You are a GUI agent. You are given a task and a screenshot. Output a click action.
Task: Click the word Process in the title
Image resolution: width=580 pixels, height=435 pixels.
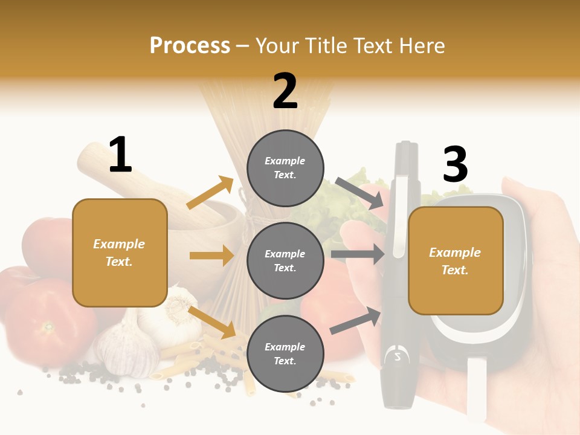[x=190, y=45]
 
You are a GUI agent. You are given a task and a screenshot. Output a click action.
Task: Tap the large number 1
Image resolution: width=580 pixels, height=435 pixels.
[x=120, y=155]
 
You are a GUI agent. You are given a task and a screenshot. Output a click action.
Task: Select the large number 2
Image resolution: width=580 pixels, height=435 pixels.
[x=285, y=91]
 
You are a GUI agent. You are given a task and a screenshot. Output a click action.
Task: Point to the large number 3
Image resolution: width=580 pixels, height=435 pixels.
[x=456, y=165]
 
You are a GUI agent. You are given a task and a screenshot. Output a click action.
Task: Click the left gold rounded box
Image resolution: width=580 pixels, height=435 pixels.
[x=120, y=253]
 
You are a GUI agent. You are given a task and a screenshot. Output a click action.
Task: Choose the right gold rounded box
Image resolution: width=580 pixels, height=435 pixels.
[x=456, y=260]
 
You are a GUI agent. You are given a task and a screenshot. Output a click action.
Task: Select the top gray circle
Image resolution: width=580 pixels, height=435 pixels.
[x=285, y=168]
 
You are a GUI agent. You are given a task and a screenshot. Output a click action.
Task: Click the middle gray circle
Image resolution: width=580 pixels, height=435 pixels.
[x=285, y=260]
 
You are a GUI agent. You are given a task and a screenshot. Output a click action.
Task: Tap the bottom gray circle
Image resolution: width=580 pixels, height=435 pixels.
[x=285, y=353]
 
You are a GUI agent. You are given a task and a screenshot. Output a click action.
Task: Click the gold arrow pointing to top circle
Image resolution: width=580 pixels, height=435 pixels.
[x=210, y=192]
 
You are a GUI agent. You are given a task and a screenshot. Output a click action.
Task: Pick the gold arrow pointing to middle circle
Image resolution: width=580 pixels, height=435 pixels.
[x=211, y=256]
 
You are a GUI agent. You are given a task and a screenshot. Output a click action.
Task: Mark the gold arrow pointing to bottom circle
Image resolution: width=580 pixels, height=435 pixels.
[x=212, y=322]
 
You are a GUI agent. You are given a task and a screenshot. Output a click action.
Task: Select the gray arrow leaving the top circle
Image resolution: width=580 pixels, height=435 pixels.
[x=360, y=193]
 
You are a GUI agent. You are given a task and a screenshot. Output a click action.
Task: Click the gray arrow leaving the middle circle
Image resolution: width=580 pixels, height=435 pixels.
[x=358, y=254]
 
